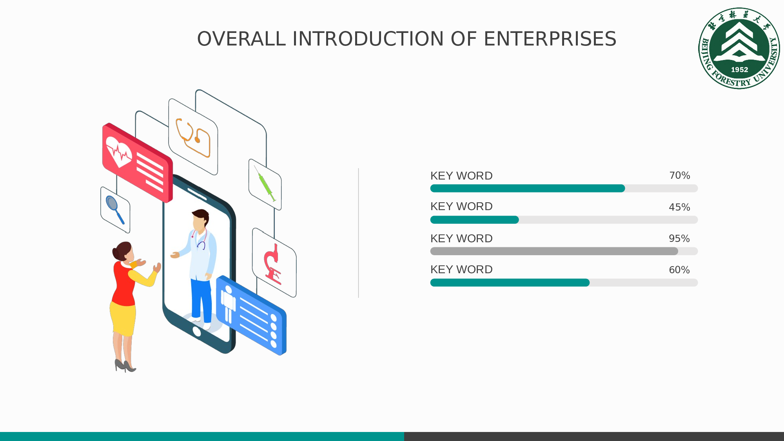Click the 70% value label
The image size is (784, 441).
(679, 175)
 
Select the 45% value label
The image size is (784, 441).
(679, 207)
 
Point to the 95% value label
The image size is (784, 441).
(679, 238)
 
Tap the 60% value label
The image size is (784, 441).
(679, 270)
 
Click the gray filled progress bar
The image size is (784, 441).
(554, 251)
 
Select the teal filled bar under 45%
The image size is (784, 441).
(475, 220)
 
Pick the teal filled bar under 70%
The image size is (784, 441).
(528, 189)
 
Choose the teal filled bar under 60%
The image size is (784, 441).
(510, 283)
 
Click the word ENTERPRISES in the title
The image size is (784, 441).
(550, 39)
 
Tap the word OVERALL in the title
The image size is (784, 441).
(241, 39)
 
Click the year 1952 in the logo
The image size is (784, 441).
(739, 70)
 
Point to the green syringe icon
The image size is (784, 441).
(265, 183)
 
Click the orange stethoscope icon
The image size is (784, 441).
(193, 137)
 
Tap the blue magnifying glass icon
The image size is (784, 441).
(115, 210)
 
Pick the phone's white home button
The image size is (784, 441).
(197, 332)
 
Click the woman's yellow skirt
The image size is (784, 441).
(123, 318)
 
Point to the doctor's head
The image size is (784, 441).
(200, 220)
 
